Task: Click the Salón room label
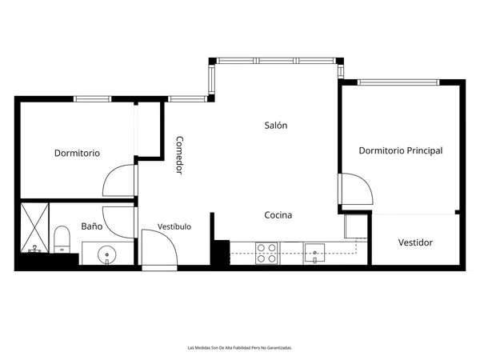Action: pyautogui.click(x=276, y=126)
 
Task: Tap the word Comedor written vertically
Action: pyautogui.click(x=179, y=155)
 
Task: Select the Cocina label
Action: pyautogui.click(x=278, y=215)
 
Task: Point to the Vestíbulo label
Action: pyautogui.click(x=174, y=226)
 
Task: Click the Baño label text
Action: pyautogui.click(x=92, y=226)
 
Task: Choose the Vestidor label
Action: pyautogui.click(x=415, y=242)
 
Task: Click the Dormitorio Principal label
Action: pyautogui.click(x=401, y=150)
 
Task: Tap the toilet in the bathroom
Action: pyautogui.click(x=62, y=239)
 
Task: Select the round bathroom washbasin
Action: pyautogui.click(x=107, y=254)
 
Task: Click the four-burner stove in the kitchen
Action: pyautogui.click(x=266, y=253)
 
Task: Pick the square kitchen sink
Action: pyautogui.click(x=314, y=254)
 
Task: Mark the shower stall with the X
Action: pyautogui.click(x=34, y=228)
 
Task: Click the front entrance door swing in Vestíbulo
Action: pyautogui.click(x=159, y=247)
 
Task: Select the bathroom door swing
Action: pyautogui.click(x=118, y=222)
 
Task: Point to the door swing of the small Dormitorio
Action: pyautogui.click(x=118, y=180)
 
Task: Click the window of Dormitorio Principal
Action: pyautogui.click(x=398, y=82)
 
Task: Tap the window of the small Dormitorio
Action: pyautogui.click(x=93, y=99)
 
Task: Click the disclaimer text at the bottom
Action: pyautogui.click(x=240, y=348)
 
